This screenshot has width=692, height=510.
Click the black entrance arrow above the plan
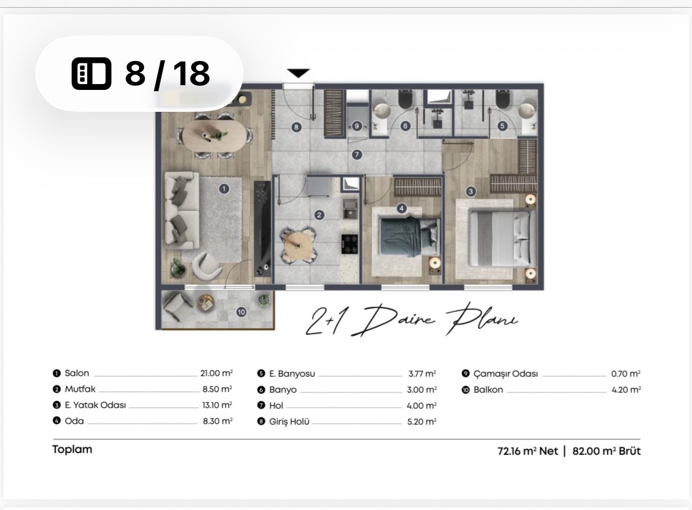[x=298, y=73]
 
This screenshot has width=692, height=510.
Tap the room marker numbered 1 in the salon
[x=224, y=189]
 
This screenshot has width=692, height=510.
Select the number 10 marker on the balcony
[x=241, y=312]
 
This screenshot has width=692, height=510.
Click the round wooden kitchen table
[x=298, y=246]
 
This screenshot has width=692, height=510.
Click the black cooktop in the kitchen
[x=349, y=244]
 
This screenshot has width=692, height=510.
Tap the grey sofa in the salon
[x=181, y=210]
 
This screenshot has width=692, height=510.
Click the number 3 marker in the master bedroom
[x=471, y=192]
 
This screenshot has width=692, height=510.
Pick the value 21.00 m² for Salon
[x=216, y=373]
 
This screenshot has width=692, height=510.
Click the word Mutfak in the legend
[x=80, y=389]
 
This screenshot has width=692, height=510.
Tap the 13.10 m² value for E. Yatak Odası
[x=217, y=405]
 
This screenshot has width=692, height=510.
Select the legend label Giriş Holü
[x=289, y=422]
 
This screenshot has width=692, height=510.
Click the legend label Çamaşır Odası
[x=506, y=374]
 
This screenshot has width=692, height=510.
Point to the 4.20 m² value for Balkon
[x=626, y=390]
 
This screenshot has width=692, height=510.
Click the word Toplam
[x=72, y=450]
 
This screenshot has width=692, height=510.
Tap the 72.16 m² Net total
[x=527, y=451]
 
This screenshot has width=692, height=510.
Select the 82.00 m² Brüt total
[x=606, y=451]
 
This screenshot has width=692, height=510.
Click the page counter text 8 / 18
[x=168, y=73]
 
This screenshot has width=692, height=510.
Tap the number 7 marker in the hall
[x=356, y=155]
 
